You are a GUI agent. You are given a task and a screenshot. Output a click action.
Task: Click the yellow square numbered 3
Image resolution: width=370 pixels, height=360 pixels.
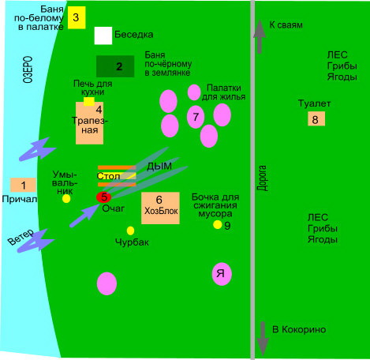pyautogui.click(x=77, y=17)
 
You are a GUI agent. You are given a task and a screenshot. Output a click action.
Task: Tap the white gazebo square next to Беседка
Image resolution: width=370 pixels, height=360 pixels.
pyautogui.click(x=103, y=36)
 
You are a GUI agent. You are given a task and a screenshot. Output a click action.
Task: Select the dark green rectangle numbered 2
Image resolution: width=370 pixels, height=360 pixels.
pyautogui.click(x=115, y=66)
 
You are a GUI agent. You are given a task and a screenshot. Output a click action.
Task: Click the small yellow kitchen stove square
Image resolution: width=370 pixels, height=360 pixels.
pyautogui.click(x=89, y=102)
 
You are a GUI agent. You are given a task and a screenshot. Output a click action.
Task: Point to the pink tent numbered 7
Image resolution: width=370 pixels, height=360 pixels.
pyautogui.click(x=196, y=117)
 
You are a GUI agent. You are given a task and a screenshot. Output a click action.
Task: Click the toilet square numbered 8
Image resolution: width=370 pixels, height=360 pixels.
pyautogui.click(x=316, y=118)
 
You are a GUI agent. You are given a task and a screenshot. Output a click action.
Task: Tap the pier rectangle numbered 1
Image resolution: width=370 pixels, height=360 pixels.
pyautogui.click(x=23, y=185)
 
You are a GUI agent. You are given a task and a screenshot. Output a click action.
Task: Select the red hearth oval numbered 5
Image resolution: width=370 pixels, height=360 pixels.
pyautogui.click(x=103, y=197)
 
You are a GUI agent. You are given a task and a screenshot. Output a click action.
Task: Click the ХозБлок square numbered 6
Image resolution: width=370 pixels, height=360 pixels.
pyautogui.click(x=160, y=208)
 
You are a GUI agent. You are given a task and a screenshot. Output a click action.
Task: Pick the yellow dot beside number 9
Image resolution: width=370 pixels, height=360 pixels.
pyautogui.click(x=218, y=224)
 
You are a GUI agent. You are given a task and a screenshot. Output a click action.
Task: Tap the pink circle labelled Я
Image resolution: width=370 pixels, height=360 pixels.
pyautogui.click(x=222, y=274)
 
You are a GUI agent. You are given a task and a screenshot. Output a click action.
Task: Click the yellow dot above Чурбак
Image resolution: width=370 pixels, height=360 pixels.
pyautogui.click(x=130, y=231)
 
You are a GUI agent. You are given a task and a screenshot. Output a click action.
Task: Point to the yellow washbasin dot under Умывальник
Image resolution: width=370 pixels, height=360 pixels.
pyautogui.click(x=66, y=199)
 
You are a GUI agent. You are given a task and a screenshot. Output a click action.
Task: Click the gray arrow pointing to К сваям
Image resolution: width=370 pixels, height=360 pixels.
pyautogui.click(x=260, y=37)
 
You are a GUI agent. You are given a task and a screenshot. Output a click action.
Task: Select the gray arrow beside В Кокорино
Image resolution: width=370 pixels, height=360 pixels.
pyautogui.click(x=263, y=339)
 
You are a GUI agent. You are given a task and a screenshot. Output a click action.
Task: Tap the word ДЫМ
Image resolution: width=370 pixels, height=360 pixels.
pyautogui.click(x=159, y=167)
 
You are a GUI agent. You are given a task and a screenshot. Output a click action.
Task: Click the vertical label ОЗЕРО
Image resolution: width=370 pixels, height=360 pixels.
pyautogui.click(x=28, y=69)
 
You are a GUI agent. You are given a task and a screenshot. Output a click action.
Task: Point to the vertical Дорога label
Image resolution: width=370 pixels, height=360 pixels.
pyautogui.click(x=262, y=178)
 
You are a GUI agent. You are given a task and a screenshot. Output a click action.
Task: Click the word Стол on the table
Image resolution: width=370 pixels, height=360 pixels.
pyautogui.click(x=108, y=176)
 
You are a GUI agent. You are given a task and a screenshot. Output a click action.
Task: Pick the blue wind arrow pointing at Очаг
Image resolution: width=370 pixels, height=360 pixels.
pyautogui.click(x=84, y=216)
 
